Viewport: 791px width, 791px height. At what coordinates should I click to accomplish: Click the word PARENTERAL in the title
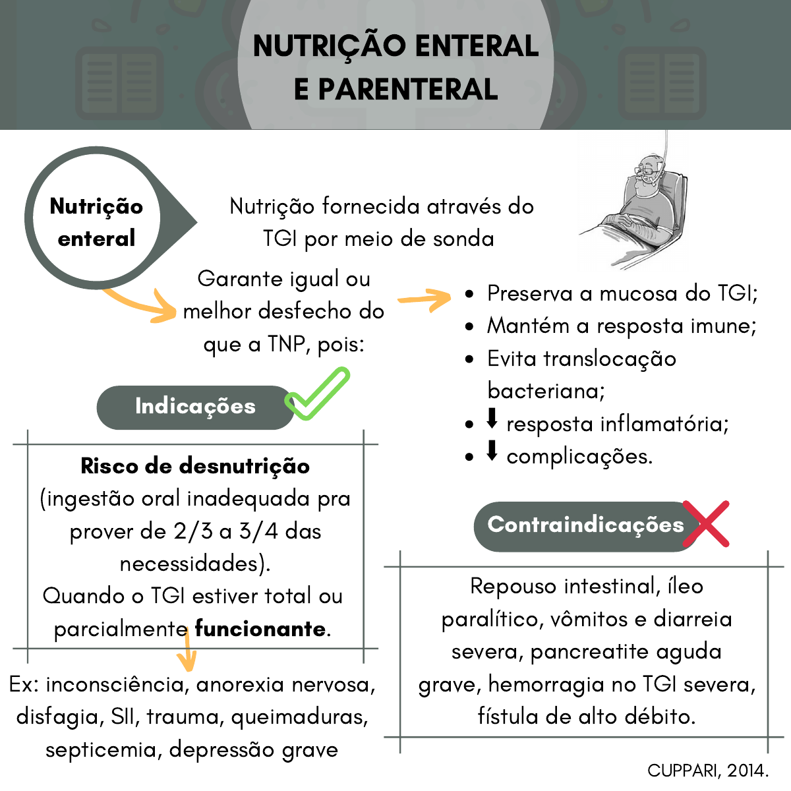tap(408, 90)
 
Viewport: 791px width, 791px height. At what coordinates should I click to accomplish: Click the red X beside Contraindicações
tap(705, 524)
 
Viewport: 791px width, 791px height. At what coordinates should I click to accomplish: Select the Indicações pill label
tap(195, 407)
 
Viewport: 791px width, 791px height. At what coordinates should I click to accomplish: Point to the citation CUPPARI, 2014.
tap(708, 770)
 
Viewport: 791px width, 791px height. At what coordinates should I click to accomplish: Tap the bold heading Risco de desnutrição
tap(195, 466)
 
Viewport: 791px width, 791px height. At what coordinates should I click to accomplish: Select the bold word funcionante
tap(260, 629)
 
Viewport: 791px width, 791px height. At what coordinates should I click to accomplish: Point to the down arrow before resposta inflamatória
tap(492, 419)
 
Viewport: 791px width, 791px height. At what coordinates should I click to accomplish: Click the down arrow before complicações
tap(492, 451)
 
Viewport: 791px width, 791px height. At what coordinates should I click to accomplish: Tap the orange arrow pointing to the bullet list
tap(425, 299)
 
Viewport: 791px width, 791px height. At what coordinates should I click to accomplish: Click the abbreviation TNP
tap(289, 344)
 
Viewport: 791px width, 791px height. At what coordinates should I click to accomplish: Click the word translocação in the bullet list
tap(610, 359)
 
